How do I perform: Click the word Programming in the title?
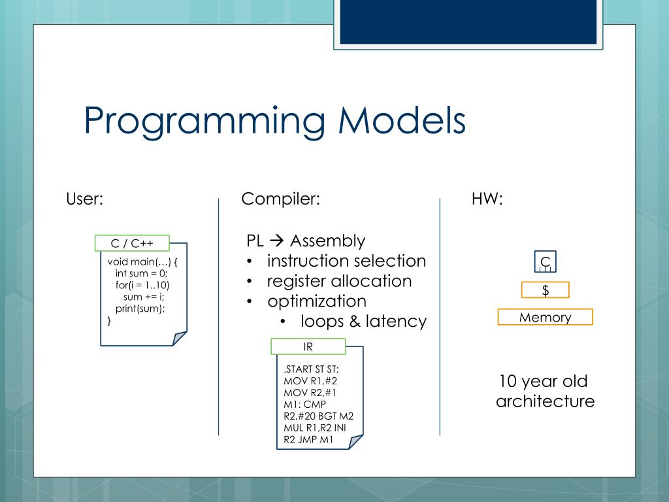click(x=204, y=122)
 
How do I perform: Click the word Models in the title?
click(x=402, y=120)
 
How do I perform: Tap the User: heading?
click(x=84, y=199)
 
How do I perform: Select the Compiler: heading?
click(x=280, y=199)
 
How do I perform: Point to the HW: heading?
click(x=487, y=199)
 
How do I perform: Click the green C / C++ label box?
click(x=132, y=243)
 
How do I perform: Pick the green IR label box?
click(x=308, y=346)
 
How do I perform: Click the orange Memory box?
click(x=546, y=317)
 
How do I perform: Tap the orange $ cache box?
click(x=546, y=290)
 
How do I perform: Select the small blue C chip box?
click(x=546, y=261)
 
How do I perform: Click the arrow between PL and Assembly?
click(x=277, y=241)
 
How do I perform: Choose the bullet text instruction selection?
click(x=346, y=261)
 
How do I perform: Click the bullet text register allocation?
click(x=339, y=281)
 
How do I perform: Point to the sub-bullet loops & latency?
click(x=363, y=322)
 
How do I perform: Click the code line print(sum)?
click(x=140, y=309)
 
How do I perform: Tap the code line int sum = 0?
click(x=141, y=273)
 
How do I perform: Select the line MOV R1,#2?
click(x=310, y=381)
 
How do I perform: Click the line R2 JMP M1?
click(x=308, y=440)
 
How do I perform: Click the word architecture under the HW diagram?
click(x=546, y=401)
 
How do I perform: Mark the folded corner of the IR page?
click(x=355, y=442)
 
